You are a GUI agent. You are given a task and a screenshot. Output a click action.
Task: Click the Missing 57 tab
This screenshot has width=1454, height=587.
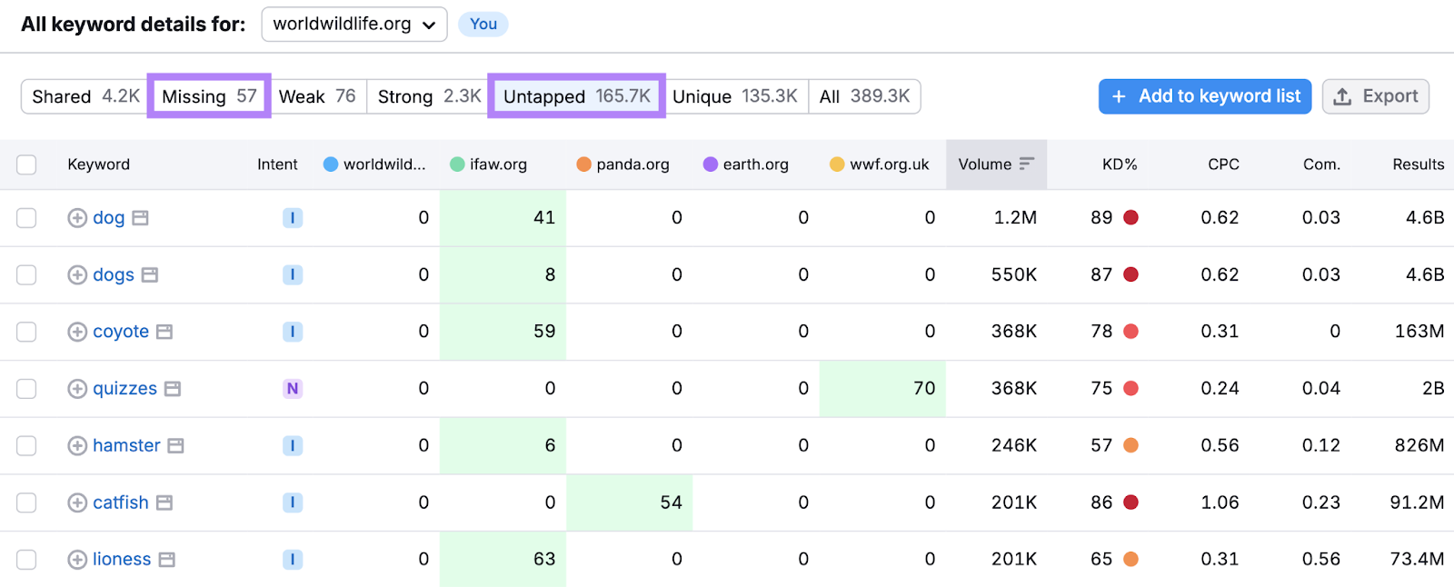pos(209,96)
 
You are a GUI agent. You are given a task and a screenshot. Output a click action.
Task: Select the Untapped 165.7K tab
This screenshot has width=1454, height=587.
pos(576,96)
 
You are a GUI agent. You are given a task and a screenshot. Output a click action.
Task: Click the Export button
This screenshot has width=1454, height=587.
pos(1376,96)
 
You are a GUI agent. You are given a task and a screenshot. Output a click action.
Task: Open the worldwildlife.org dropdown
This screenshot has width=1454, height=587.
pos(354,25)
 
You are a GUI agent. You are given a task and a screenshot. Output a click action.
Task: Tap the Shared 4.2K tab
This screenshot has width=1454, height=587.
pos(85,96)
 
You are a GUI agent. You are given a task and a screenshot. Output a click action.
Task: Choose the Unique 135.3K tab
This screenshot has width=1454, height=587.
pos(734,96)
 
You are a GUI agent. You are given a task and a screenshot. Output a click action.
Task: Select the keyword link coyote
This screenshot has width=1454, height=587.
pos(121,332)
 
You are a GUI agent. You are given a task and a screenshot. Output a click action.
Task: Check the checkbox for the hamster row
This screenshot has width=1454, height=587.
pos(26,445)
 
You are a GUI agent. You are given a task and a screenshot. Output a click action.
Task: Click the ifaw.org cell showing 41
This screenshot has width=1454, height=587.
pos(543,218)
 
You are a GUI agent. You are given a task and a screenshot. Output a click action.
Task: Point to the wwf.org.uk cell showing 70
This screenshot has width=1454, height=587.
pos(923,389)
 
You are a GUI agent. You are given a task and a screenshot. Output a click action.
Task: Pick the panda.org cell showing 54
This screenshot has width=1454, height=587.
pos(671,502)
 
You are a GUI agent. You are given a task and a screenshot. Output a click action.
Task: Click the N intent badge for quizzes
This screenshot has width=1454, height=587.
pos(293,389)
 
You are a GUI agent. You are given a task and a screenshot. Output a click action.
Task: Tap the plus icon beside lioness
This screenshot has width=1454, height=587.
pos(77,560)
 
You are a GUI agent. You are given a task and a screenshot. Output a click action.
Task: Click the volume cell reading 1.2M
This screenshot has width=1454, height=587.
pos(1014,218)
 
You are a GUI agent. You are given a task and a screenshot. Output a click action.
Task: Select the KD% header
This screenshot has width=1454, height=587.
pos(1119,164)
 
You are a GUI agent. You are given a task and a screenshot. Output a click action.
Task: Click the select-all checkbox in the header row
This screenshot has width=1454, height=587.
pos(26,164)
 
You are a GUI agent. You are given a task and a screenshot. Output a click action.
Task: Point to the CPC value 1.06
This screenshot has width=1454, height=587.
pos(1220,502)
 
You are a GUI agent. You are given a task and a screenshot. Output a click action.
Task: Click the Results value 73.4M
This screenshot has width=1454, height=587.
pos(1416,560)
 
